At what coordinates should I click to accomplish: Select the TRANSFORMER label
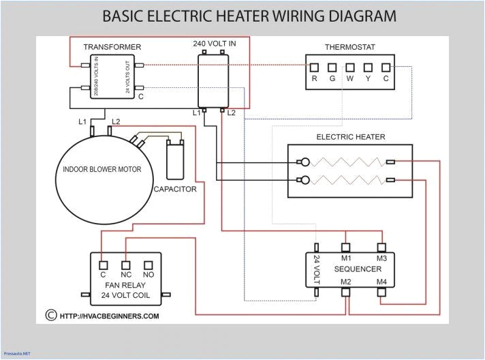click(x=112, y=47)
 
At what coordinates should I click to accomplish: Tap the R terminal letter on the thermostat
click(x=314, y=78)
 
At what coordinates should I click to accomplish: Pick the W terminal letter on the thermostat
click(x=350, y=78)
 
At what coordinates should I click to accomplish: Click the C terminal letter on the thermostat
click(x=386, y=78)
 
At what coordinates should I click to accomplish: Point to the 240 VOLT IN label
click(x=215, y=44)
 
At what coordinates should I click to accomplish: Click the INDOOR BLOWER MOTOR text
click(x=102, y=169)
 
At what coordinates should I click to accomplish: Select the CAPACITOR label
click(x=175, y=189)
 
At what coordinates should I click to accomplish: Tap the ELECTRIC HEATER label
click(x=350, y=137)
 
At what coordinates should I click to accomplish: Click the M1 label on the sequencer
click(x=346, y=258)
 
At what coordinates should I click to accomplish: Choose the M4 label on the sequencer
click(x=381, y=282)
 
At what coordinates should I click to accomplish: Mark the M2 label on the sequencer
click(x=346, y=282)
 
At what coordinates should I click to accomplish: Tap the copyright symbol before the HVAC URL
click(x=50, y=315)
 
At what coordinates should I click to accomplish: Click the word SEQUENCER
click(x=358, y=269)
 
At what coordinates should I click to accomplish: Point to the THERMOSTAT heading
click(x=349, y=47)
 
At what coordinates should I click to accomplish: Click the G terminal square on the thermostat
click(x=332, y=67)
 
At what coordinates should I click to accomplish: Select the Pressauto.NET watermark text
click(x=17, y=354)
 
